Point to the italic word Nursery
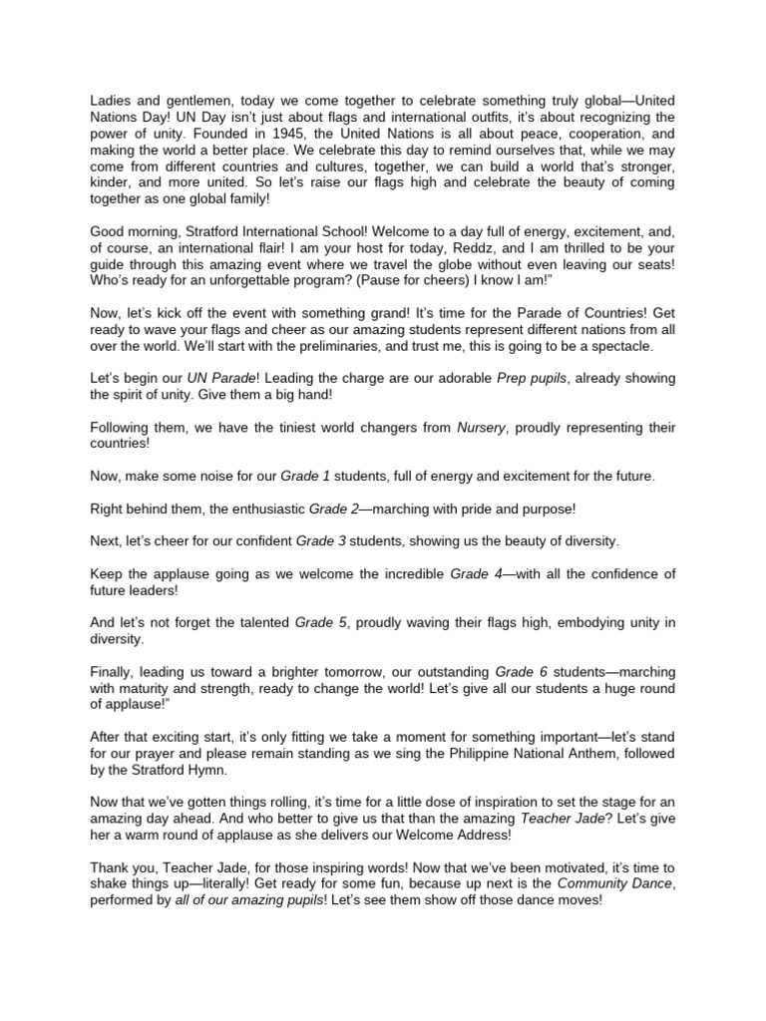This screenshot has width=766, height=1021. pos(482,428)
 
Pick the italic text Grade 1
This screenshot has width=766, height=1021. pos(305,477)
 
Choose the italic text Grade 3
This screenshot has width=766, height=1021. pos(320,540)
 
